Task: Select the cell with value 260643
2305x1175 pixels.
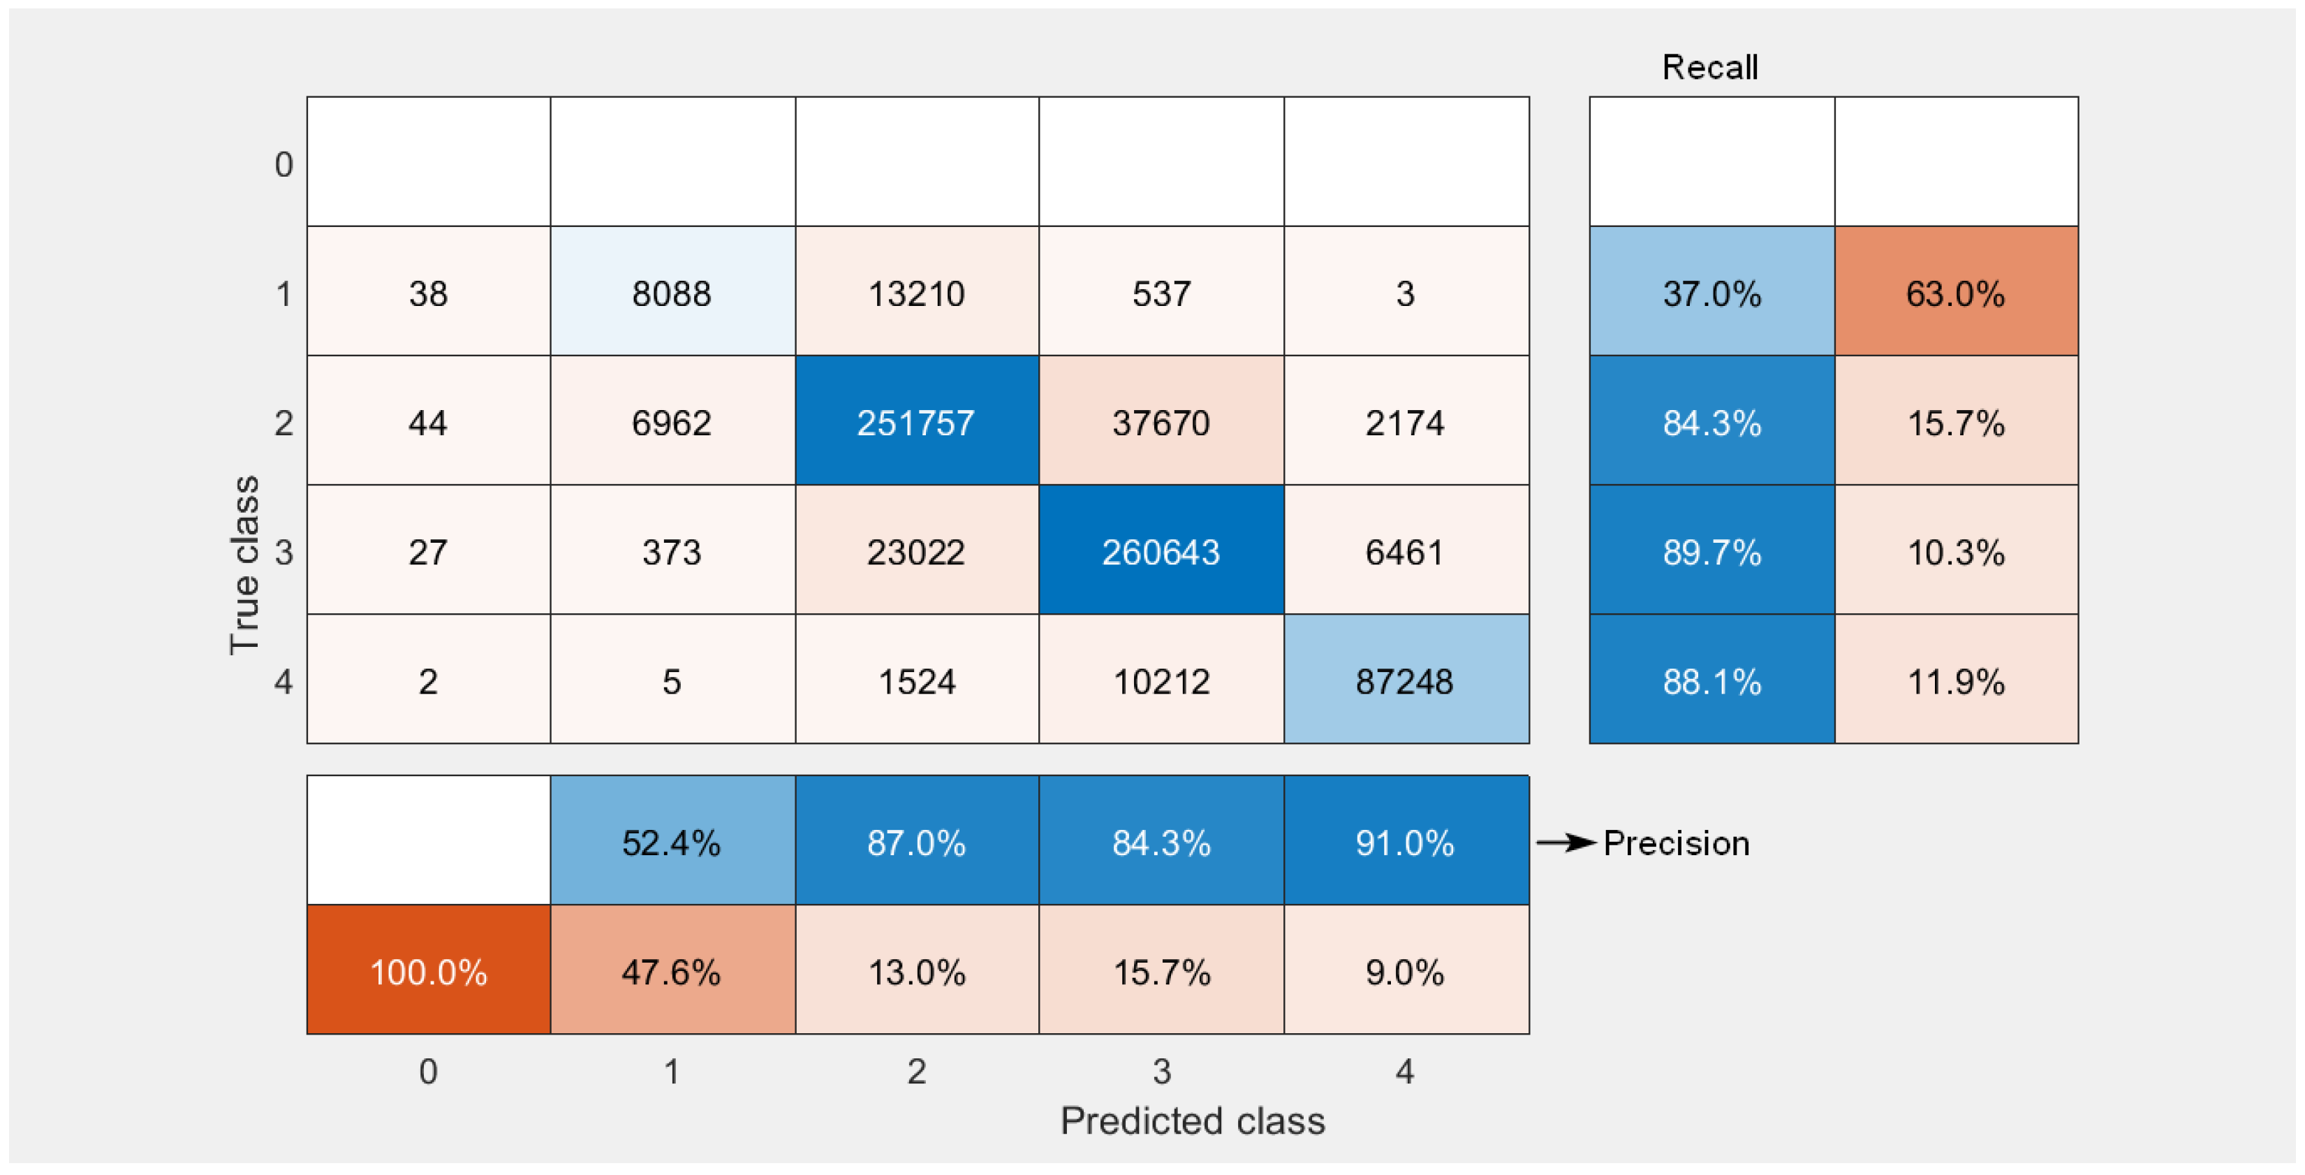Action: [1161, 551]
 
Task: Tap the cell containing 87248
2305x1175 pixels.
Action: [1406, 680]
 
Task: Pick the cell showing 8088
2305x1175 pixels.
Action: [672, 293]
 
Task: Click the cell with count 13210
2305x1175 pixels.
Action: [916, 293]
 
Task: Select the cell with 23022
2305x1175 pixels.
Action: [916, 551]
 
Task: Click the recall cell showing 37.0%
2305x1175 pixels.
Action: [1711, 293]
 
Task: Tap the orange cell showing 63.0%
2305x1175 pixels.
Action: [1956, 293]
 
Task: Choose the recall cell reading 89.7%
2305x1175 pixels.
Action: [1711, 551]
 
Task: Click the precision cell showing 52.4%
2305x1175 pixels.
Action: [672, 841]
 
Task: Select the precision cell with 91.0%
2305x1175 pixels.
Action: [1406, 841]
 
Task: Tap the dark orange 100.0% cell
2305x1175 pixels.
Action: [428, 971]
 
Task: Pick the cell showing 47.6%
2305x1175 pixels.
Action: [672, 971]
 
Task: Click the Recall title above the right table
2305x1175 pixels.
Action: [1710, 67]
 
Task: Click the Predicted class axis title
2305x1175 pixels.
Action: [1192, 1121]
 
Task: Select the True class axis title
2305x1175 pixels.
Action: [244, 566]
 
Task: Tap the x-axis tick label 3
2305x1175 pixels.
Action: [1161, 1071]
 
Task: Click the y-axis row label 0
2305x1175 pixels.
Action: [283, 165]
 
